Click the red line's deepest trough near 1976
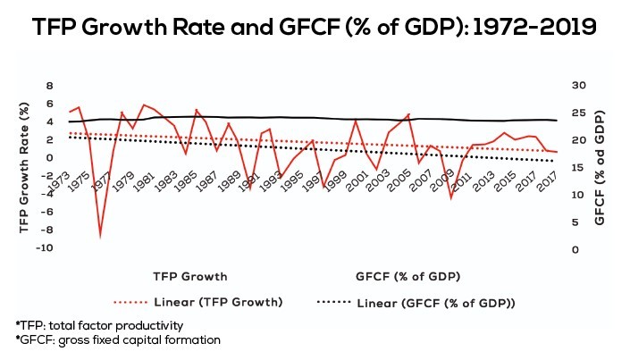coord(100,236)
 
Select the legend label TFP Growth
coord(189,276)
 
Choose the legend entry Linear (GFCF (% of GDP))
coord(442,302)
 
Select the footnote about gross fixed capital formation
coord(105,340)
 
